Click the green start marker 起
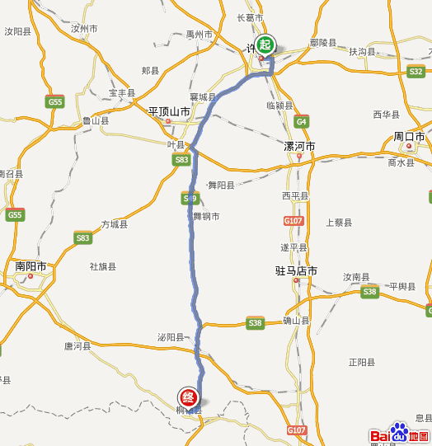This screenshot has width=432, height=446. click(x=265, y=45)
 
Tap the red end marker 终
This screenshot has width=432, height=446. click(x=190, y=397)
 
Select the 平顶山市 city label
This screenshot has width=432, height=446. click(x=169, y=110)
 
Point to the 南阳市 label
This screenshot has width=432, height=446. click(x=31, y=266)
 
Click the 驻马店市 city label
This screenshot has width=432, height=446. click(x=296, y=270)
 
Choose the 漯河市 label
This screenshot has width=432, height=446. click(x=298, y=146)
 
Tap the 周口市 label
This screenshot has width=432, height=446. click(x=408, y=136)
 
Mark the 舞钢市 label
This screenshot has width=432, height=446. click(x=206, y=216)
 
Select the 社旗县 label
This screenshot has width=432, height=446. click(x=103, y=266)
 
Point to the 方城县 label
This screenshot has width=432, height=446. click(x=115, y=224)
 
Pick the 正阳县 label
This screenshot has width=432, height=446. click(x=361, y=362)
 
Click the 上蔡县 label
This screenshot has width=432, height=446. click(x=339, y=223)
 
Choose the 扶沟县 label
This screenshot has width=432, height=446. click(x=361, y=51)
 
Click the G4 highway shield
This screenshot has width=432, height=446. click(x=301, y=120)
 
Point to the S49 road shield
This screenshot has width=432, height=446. click(x=190, y=198)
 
